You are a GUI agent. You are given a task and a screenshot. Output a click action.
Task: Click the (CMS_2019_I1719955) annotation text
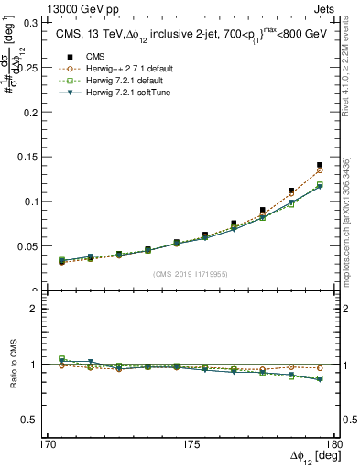(191, 274)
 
